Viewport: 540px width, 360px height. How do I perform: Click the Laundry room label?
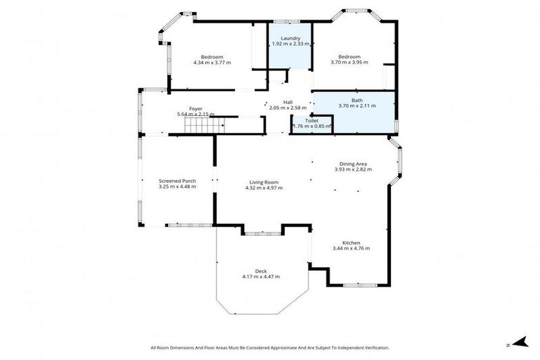pos(290,38)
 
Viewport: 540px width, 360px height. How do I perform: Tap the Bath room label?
pos(357,100)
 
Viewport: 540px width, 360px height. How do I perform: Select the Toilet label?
pos(311,121)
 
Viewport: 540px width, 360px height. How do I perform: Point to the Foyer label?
pos(195,109)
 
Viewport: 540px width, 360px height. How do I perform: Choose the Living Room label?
pos(264,182)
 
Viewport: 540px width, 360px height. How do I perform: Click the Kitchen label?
pos(350,243)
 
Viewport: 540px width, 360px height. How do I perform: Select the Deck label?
pos(260,271)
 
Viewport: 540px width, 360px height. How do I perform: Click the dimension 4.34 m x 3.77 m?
pos(212,63)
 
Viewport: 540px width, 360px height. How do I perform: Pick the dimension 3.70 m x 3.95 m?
pos(349,63)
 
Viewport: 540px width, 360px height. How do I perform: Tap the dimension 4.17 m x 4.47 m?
pos(260,276)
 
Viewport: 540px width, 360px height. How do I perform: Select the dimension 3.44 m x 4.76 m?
pos(350,248)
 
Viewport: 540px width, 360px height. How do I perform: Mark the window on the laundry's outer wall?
pos(287,21)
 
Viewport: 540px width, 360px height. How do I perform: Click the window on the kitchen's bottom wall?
pos(359,285)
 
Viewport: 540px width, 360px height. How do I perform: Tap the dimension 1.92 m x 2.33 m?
pos(290,44)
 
